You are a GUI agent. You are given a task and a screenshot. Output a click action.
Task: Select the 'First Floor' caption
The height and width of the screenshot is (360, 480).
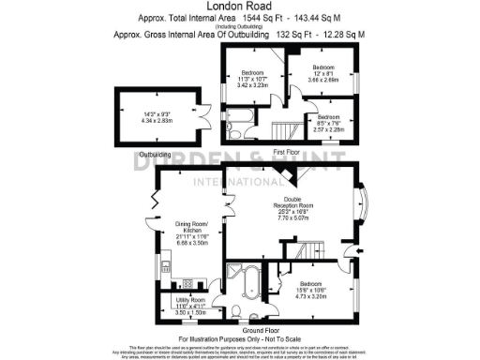coord(287,152)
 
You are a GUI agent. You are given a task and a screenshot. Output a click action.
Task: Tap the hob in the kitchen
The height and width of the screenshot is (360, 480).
coord(187,282)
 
